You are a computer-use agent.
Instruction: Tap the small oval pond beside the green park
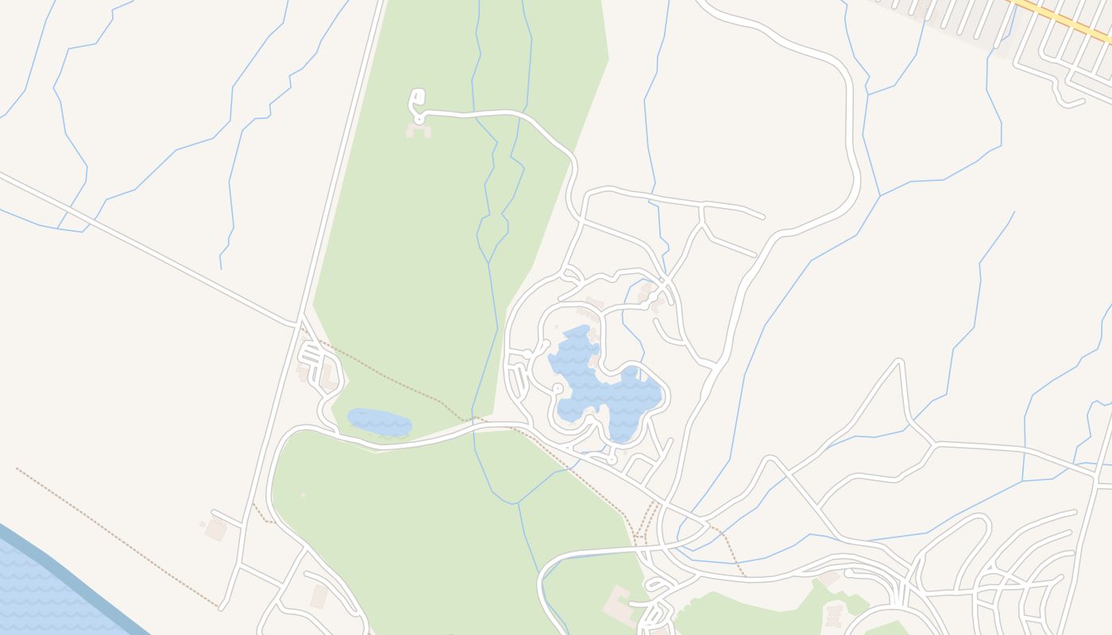click(380, 422)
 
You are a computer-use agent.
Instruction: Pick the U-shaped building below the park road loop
click(419, 129)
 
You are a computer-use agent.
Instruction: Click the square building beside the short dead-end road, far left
click(215, 529)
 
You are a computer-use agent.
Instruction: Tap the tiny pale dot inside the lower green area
click(303, 495)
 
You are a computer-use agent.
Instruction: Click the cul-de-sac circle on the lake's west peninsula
click(558, 388)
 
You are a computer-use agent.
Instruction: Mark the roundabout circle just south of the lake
click(612, 460)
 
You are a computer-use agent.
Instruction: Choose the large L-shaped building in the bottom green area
click(620, 604)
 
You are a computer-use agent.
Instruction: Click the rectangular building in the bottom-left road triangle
click(319, 596)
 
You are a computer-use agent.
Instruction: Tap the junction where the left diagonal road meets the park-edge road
click(299, 323)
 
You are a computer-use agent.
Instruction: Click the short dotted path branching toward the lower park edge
click(261, 514)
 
